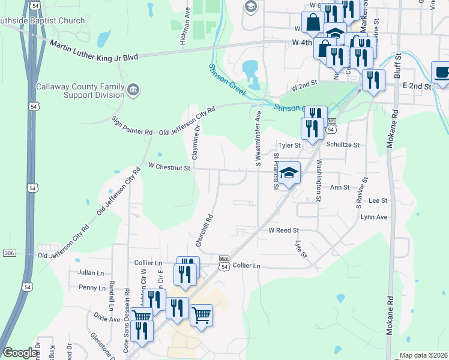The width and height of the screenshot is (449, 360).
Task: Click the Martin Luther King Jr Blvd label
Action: [x=94, y=50]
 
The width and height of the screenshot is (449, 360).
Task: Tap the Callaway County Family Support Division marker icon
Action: [x=133, y=91]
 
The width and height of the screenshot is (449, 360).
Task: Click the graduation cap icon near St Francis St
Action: [x=289, y=173]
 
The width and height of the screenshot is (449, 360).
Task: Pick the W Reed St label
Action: [x=283, y=230]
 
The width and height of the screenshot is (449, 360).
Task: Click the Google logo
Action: [x=20, y=353]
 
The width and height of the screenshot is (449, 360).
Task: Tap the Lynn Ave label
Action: [x=374, y=217]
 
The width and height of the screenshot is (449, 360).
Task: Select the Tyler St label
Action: [x=289, y=145]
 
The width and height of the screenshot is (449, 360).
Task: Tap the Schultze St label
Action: [x=343, y=145]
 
